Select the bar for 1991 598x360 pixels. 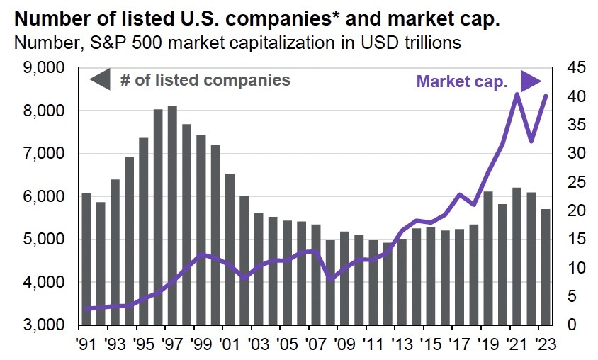point(86,259)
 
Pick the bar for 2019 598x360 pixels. point(488,258)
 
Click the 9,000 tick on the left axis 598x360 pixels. point(45,68)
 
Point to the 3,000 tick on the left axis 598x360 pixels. point(45,325)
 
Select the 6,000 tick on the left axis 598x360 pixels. point(45,197)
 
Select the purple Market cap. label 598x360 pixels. point(463,81)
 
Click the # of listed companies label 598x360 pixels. point(205,80)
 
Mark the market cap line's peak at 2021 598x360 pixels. point(517,94)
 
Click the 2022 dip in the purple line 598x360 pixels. point(531,141)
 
